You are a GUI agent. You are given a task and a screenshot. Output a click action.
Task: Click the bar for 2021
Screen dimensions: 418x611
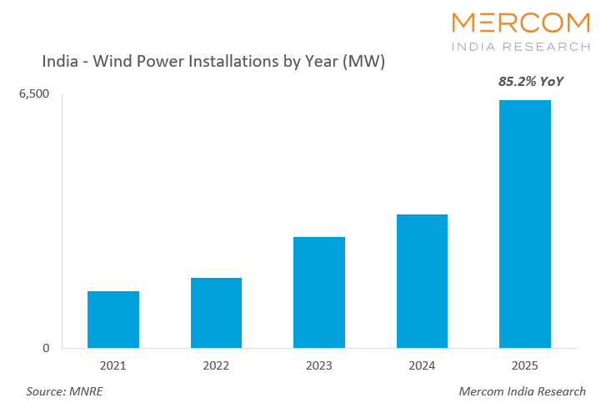113,320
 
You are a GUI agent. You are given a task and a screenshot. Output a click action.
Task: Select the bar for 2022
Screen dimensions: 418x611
216,313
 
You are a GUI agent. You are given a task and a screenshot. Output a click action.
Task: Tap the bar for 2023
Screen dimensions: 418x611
319,292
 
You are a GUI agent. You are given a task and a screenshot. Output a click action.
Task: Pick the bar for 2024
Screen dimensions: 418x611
422,281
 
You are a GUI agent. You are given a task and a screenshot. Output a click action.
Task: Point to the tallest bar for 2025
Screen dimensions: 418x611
525,224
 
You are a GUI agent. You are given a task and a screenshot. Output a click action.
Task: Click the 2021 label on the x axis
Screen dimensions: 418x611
113,365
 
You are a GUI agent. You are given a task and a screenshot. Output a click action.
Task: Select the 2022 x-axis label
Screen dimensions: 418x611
216,365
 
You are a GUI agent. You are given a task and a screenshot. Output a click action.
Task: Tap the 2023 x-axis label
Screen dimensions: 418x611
319,365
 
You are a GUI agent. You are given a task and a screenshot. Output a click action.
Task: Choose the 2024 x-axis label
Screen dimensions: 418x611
422,365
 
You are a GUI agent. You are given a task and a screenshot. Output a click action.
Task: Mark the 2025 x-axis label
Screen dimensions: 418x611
525,365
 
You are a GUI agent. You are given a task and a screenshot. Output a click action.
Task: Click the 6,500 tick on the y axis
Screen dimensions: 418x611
34,94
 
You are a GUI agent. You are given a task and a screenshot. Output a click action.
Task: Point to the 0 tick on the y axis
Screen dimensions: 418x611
46,348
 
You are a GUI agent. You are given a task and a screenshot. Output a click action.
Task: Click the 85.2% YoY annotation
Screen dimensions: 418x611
525,83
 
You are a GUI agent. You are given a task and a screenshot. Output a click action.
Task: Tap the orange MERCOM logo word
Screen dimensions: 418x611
520,23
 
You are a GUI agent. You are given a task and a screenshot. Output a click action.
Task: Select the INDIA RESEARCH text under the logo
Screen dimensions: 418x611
520,47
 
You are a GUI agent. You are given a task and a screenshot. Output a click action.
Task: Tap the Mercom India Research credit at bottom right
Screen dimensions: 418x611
522,391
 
